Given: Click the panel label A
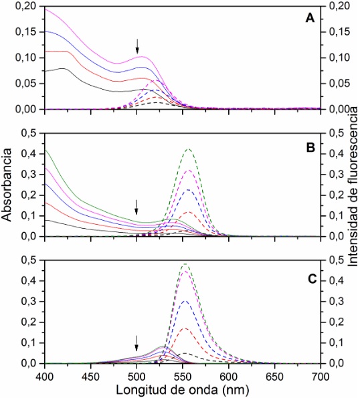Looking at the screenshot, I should (x=310, y=19).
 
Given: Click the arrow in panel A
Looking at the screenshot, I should (x=137, y=45).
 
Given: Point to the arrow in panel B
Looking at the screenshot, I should (x=137, y=206).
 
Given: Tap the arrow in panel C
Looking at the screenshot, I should (x=137, y=342).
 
